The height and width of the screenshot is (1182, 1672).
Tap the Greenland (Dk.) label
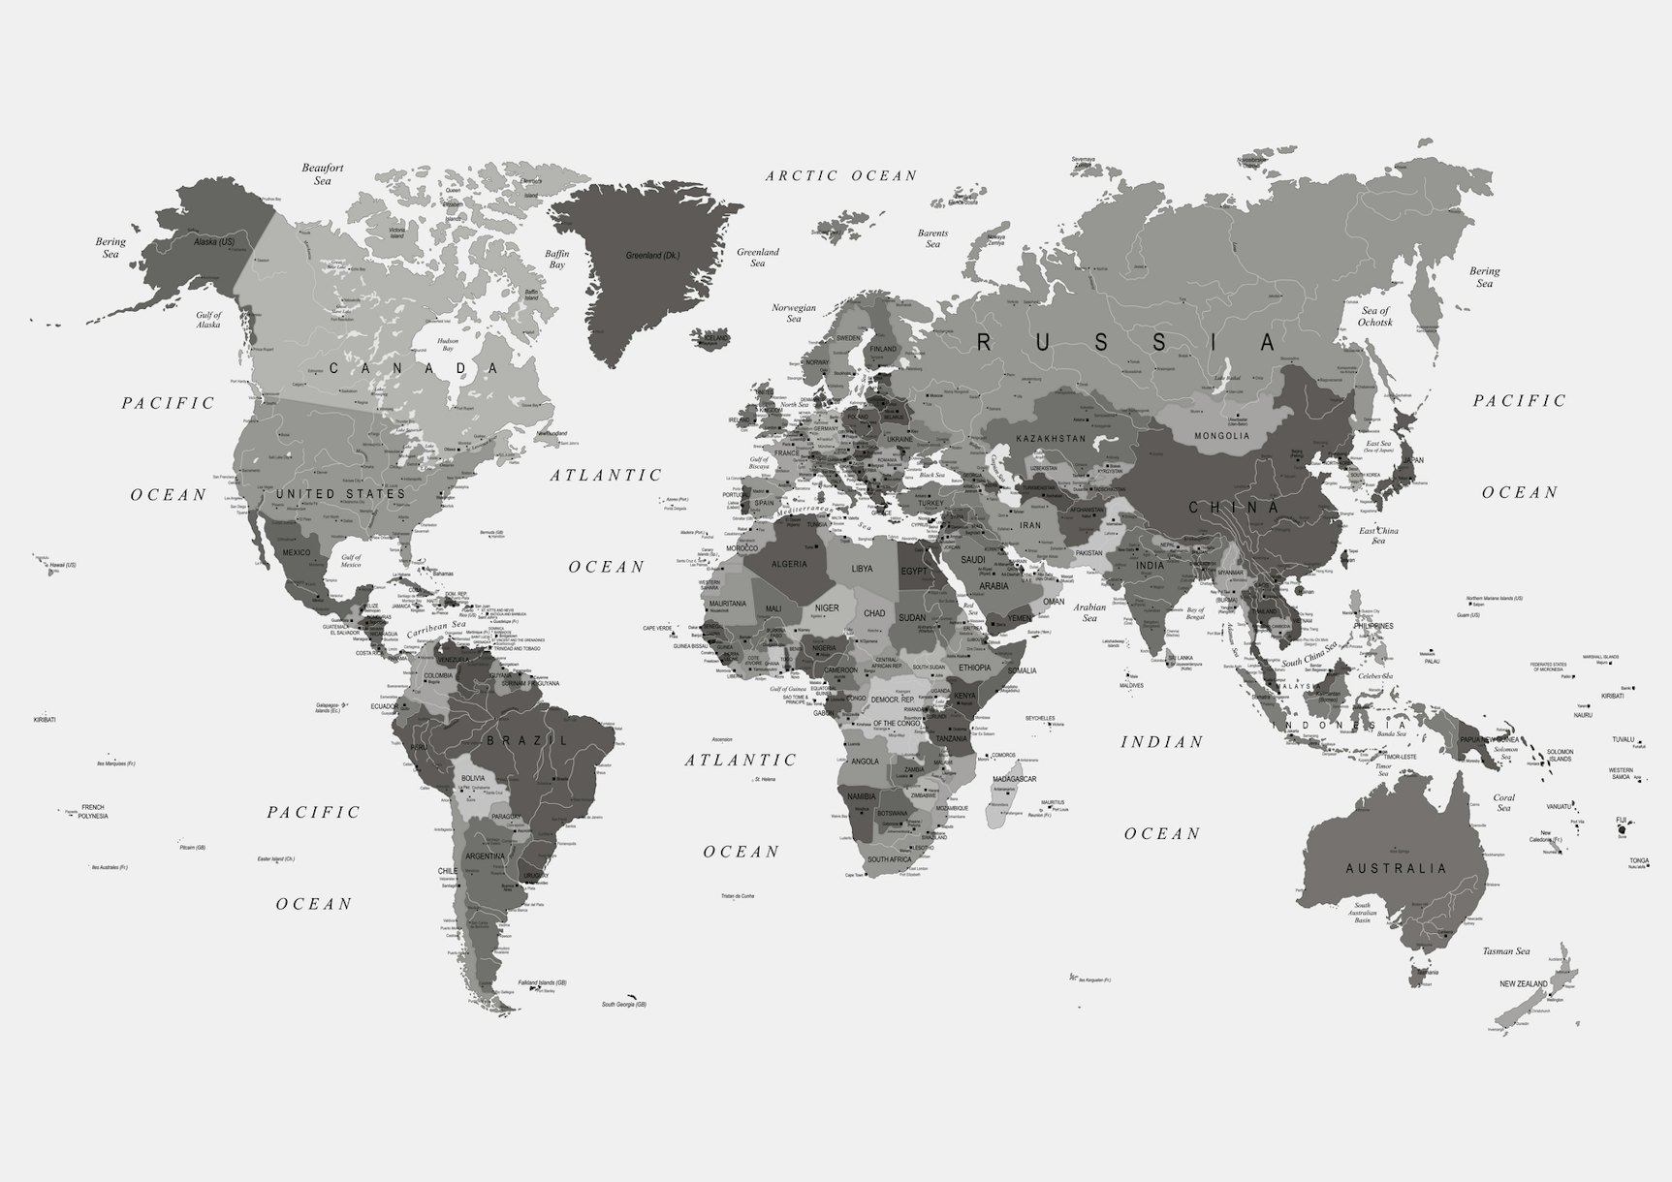click(x=651, y=256)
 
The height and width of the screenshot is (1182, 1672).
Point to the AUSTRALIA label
click(x=1396, y=868)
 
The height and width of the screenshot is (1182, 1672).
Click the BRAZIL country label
click(x=527, y=740)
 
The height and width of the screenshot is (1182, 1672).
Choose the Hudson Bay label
click(x=447, y=345)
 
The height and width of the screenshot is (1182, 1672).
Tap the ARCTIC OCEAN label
click(x=840, y=175)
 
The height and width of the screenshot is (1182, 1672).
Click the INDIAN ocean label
click(x=1162, y=742)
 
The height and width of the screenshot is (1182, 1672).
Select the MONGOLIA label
click(x=1221, y=436)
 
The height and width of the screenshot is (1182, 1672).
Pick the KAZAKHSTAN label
click(x=1052, y=439)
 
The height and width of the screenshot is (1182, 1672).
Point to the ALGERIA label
click(x=789, y=564)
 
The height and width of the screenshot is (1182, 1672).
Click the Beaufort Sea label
click(x=323, y=174)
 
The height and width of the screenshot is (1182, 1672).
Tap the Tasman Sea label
click(x=1506, y=951)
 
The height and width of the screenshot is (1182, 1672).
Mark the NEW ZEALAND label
click(x=1524, y=984)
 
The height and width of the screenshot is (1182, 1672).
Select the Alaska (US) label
click(x=214, y=241)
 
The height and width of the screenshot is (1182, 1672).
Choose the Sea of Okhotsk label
click(x=1375, y=316)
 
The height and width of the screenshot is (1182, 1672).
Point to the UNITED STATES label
click(x=340, y=494)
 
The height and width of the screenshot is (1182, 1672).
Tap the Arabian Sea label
click(x=1089, y=612)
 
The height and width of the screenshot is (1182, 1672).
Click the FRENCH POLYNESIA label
click(x=93, y=811)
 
